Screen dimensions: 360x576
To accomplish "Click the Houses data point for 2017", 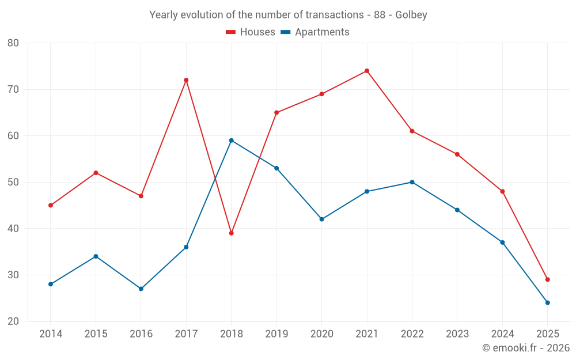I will [186, 80].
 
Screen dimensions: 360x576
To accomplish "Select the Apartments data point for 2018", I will [232, 140].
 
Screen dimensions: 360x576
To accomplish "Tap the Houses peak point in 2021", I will [367, 71].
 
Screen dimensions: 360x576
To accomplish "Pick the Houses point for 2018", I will [232, 233].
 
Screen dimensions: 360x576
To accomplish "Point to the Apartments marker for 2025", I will [548, 302].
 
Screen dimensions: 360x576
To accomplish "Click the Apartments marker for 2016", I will [141, 289].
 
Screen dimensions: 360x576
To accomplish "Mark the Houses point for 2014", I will [51, 205].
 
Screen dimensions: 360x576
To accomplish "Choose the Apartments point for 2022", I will [412, 182].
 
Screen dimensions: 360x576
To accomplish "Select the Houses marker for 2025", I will [548, 279].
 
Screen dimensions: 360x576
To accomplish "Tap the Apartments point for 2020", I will [321, 219].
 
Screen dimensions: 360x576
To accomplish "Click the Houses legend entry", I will [251, 32].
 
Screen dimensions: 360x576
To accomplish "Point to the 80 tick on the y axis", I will [13, 43].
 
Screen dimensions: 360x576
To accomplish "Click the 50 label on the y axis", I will [13, 182].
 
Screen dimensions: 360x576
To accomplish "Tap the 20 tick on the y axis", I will [13, 321].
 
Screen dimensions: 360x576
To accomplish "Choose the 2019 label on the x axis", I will [276, 334].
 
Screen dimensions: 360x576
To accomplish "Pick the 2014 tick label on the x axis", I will [51, 334].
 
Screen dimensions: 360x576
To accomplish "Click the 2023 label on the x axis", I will [457, 334].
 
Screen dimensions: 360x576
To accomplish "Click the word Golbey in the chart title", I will [411, 15].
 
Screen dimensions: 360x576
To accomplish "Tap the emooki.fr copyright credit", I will [526, 348].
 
